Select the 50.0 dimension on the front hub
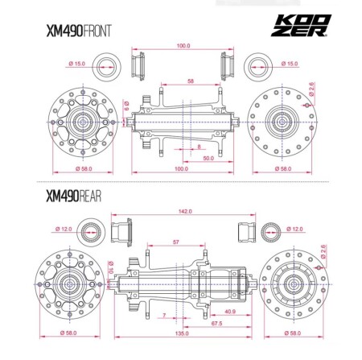[208, 159]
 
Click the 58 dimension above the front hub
[189, 81]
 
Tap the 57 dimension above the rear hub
[177, 241]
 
